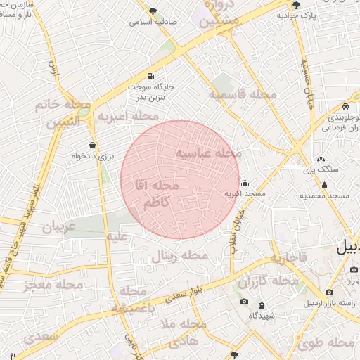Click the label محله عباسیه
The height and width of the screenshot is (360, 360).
pyautogui.click(x=208, y=153)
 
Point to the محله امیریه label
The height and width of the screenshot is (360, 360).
pyautogui.click(x=127, y=115)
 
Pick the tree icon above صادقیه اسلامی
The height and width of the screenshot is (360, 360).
pyautogui.click(x=153, y=11)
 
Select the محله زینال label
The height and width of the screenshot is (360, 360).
pyautogui.click(x=180, y=255)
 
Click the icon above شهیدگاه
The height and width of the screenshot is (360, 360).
pyautogui.click(x=262, y=305)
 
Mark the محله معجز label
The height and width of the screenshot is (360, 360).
pyautogui.click(x=53, y=284)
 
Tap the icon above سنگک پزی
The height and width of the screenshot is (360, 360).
pyautogui.click(x=321, y=160)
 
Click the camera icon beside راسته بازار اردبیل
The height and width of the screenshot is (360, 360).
pyautogui.click(x=329, y=292)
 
